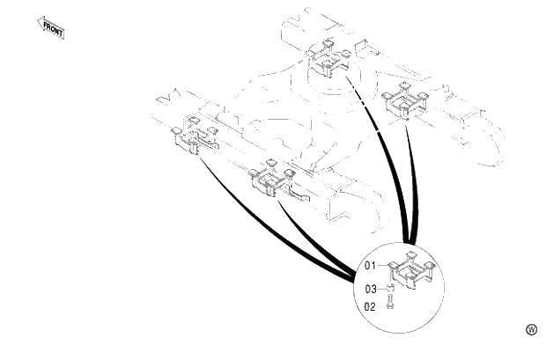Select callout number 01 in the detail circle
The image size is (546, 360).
click(x=370, y=265)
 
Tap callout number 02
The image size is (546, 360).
click(x=370, y=306)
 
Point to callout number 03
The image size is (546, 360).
click(x=370, y=287)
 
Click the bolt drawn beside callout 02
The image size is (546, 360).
click(x=390, y=304)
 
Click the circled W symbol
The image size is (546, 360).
click(x=531, y=329)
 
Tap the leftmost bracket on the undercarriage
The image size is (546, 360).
click(x=193, y=134)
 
